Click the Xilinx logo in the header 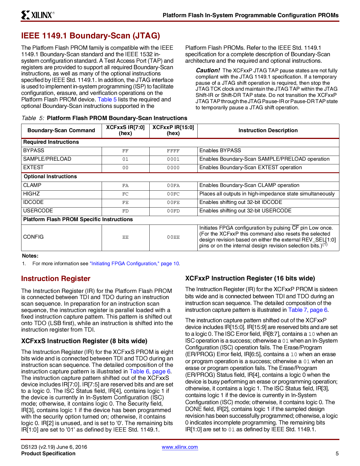point(38,15)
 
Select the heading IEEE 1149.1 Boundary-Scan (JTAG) point(90,36)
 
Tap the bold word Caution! point(208,70)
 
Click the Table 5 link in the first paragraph point(107,99)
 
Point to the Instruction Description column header point(268,130)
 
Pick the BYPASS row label point(34,151)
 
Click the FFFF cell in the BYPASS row point(173,151)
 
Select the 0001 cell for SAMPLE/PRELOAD point(173,159)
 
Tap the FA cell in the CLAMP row point(125,186)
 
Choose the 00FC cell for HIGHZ point(173,194)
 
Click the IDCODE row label point(33,202)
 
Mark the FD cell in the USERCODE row point(125,211)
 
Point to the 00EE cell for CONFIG point(173,237)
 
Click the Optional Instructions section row point(50,177)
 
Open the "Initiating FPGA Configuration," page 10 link point(134,264)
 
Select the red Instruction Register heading point(56,279)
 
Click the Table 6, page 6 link point(150,371)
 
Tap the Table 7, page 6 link point(307,310)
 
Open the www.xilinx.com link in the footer point(180,447)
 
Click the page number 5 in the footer point(337,454)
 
